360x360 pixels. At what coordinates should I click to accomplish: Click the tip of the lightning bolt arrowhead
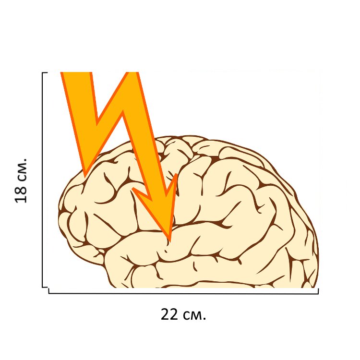169,240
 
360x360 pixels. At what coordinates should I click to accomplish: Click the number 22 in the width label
169,315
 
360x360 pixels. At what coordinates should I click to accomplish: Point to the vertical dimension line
43,180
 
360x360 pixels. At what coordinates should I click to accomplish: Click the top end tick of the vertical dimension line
44,73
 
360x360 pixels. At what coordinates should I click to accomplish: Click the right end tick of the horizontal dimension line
318,290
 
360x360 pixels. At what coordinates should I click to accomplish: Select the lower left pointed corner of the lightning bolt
85,175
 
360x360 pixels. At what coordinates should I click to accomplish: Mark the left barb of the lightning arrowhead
133,188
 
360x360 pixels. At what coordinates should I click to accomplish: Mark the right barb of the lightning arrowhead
177,175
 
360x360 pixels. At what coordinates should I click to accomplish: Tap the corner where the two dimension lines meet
46,289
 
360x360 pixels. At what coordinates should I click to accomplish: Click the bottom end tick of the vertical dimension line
44,287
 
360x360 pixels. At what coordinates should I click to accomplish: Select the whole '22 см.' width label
183,315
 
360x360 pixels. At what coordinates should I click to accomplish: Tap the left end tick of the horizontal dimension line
49,290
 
